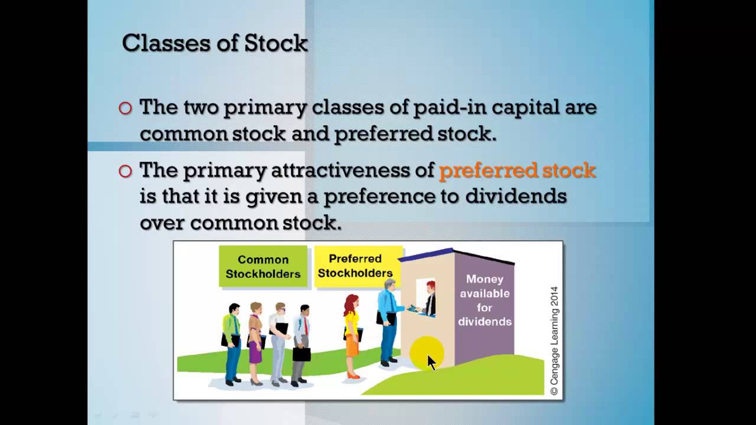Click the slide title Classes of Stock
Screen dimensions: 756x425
214,43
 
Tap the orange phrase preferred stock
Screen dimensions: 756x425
517,171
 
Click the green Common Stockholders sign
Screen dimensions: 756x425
263,266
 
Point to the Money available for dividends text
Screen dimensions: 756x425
485,300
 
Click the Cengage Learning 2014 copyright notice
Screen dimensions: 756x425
554,341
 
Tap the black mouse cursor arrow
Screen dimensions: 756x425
431,362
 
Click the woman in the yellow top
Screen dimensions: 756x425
353,336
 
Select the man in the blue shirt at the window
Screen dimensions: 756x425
389,322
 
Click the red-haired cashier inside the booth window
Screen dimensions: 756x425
429,298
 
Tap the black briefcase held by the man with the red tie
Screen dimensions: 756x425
301,354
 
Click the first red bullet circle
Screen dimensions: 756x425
125,108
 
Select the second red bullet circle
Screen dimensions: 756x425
125,171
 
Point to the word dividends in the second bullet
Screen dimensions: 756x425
516,196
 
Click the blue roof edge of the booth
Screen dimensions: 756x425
426,254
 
